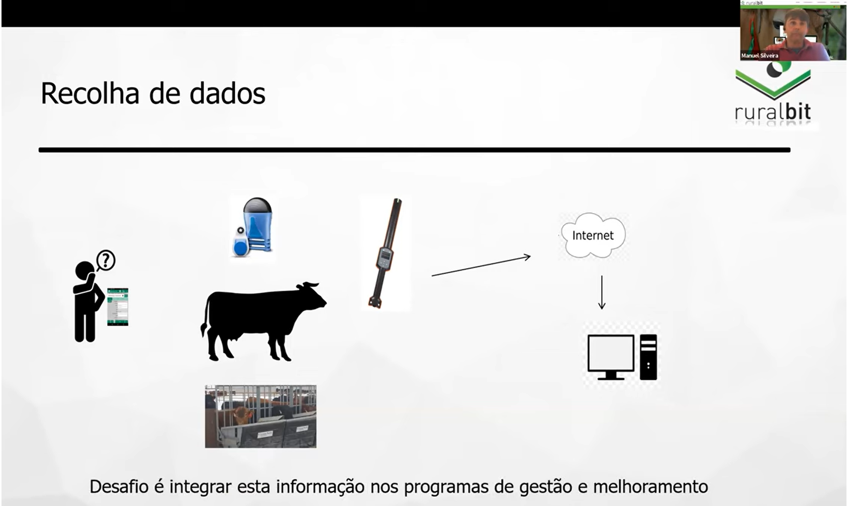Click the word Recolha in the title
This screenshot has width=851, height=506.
[90, 93]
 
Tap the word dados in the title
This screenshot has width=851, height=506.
[227, 93]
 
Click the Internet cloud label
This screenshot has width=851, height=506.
[593, 235]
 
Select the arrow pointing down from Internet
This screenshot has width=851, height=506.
[602, 292]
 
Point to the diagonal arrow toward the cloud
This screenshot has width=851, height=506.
[481, 266]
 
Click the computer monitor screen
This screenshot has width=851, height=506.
[611, 353]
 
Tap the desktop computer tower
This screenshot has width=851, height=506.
[648, 357]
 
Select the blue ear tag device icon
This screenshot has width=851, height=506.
[253, 226]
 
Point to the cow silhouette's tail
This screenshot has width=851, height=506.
[205, 317]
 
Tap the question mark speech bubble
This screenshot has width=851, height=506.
[105, 261]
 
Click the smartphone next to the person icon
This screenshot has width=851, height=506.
[118, 307]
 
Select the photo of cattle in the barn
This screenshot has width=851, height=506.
[260, 416]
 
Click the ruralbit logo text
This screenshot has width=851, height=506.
[773, 111]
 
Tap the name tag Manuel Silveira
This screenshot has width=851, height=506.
[760, 55]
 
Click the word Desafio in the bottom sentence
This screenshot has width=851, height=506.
[119, 486]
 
